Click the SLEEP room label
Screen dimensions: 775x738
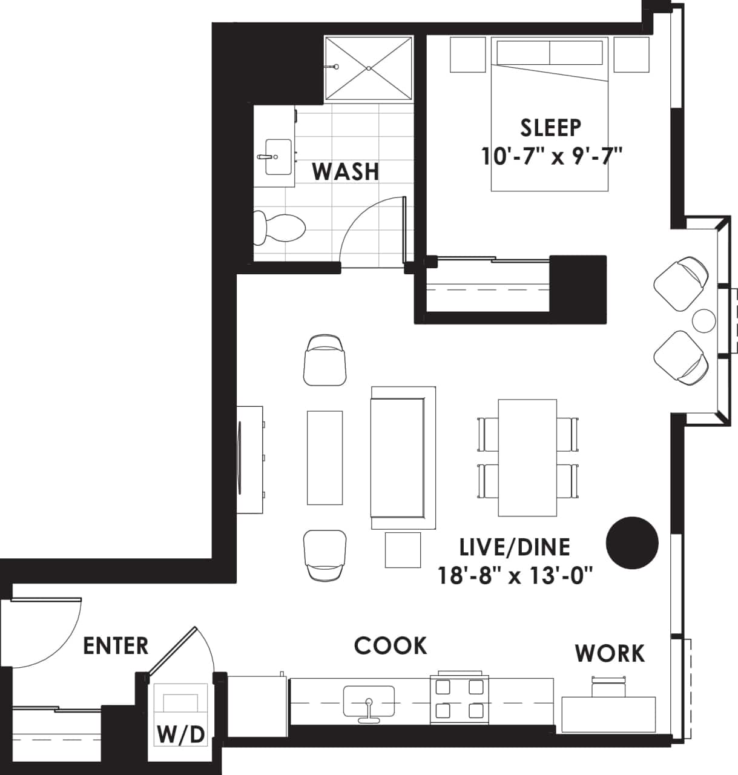pos(550,127)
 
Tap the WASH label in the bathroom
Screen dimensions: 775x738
pos(346,172)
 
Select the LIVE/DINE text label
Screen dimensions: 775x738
pos(515,547)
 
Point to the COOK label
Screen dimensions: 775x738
pos(390,645)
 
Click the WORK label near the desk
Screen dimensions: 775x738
pos(610,653)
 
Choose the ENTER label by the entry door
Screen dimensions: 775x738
pos(116,645)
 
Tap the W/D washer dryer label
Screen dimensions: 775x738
pos(180,734)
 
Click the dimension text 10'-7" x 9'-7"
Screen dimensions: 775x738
pos(552,157)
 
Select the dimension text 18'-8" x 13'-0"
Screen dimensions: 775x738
pos(515,575)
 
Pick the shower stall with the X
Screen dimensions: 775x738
pos(369,68)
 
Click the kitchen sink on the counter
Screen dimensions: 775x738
pos(368,701)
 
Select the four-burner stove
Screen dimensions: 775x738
pos(460,699)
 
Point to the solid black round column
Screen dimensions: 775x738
pos(632,543)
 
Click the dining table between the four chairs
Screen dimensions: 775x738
pos(527,458)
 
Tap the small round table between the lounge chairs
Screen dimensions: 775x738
pos(703,320)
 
